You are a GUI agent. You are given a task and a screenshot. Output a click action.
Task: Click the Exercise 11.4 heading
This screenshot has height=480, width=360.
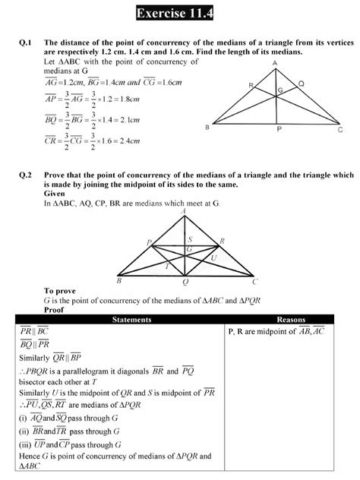coord(179,13)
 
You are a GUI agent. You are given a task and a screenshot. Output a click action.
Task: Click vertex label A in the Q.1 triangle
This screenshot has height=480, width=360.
coord(273,63)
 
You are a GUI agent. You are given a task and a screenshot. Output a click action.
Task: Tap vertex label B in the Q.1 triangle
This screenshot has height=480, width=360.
coord(207,128)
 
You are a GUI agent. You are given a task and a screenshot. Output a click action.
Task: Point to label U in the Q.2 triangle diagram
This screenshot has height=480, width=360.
coord(213,257)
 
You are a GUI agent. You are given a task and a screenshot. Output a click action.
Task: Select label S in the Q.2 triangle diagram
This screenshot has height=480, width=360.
coord(191,238)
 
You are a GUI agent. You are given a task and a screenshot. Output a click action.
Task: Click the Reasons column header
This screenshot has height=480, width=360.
coord(292,321)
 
